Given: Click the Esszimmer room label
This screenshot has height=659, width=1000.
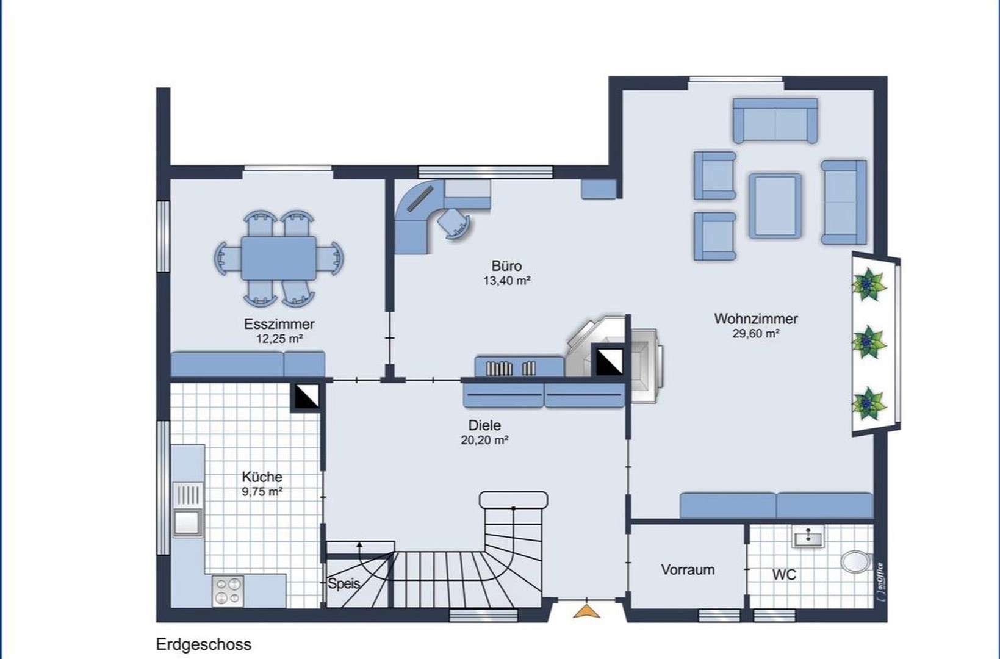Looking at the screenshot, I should tap(279, 324).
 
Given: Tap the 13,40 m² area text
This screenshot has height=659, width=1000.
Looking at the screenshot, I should tap(506, 281).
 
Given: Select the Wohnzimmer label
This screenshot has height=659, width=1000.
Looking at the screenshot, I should tap(755, 319).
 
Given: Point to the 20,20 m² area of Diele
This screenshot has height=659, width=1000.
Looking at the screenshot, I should tap(484, 440).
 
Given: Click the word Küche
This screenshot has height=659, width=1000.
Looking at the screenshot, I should tap(262, 477).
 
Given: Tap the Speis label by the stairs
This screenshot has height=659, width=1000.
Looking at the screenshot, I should tap(344, 583).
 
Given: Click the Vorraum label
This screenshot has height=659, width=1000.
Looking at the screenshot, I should tap(688, 570).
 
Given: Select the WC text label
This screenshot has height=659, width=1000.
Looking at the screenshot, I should tap(783, 575).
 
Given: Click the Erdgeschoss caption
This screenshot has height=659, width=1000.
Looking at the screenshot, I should tap(203, 644).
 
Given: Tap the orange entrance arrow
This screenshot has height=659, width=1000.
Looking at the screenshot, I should tap(586, 611).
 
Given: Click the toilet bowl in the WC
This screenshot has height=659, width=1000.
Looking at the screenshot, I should tap(855, 562).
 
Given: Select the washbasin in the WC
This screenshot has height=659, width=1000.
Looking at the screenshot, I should tap(808, 537).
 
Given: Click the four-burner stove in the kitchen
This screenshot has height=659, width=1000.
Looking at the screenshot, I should tap(228, 591).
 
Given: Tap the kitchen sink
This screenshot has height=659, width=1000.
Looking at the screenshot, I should tap(187, 510).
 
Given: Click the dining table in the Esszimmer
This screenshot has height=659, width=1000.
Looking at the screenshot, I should tap(278, 257).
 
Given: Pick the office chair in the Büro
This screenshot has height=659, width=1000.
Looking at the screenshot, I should tap(454, 223).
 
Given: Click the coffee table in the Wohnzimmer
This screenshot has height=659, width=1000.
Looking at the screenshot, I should tap(775, 206).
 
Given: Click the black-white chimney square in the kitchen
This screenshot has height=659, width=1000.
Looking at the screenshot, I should tap(307, 397).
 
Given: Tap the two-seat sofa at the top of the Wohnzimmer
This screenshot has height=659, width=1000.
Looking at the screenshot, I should tap(775, 120).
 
